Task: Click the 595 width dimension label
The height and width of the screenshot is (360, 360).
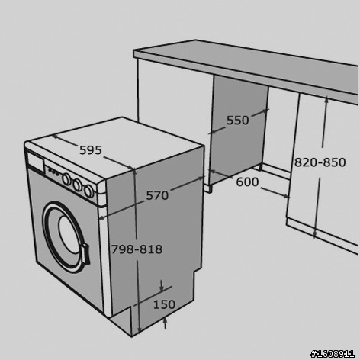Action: pos(91,150)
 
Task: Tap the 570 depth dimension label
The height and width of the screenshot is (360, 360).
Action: pos(157,195)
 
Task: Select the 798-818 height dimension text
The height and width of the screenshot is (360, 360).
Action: pos(137,249)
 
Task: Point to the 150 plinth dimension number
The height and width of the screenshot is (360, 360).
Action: pos(164,304)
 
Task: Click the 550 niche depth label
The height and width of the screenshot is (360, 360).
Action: pos(238,121)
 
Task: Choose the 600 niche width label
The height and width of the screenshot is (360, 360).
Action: pos(247,182)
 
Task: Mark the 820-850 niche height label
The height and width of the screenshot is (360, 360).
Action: pos(320,162)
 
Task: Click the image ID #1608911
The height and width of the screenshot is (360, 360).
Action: pos(333,354)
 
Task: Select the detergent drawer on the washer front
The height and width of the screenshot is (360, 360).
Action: pos(35,162)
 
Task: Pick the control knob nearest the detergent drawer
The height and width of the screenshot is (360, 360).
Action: pos(66,179)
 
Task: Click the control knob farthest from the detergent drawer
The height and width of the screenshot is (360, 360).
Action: pos(88,191)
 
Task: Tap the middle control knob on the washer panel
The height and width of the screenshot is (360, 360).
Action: pos(77,185)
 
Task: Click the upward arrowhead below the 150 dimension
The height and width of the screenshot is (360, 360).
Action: pos(166,320)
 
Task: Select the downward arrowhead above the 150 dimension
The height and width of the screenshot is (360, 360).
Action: pos(162,288)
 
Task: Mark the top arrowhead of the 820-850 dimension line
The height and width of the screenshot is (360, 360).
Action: pos(326,101)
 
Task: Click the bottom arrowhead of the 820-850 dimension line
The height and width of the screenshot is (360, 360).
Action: pos(315,234)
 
